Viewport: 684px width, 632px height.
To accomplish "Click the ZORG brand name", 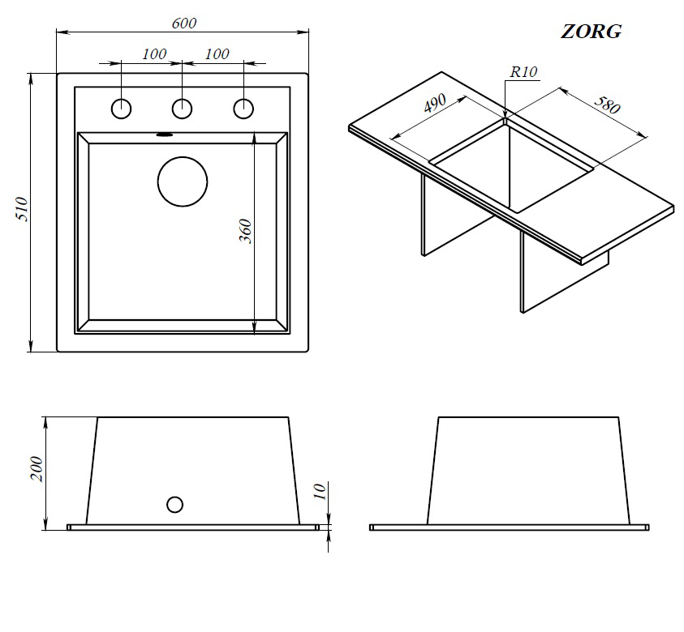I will coord(592,32).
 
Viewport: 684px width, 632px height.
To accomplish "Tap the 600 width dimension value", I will coord(184,23).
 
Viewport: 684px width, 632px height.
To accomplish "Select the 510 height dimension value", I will coord(22,210).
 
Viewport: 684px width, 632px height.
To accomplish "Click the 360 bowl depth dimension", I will coord(246,231).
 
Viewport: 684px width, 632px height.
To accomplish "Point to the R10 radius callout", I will coord(523,72).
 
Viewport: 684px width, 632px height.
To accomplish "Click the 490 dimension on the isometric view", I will coord(436,105).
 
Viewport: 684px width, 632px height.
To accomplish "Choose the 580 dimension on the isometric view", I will coord(608,108).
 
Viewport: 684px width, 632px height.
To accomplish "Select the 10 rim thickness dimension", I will coord(319,491).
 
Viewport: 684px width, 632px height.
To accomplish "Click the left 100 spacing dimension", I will coord(153,54).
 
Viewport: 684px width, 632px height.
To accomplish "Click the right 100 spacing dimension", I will coord(217,54).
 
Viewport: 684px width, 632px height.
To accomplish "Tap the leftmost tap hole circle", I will coord(122,108).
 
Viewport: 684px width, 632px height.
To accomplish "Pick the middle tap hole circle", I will coord(183,108).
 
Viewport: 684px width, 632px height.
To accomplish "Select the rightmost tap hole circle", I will coord(243,108).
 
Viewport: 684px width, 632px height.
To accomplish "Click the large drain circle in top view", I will coord(182,180).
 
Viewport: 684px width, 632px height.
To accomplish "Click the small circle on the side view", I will coord(174,504).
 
